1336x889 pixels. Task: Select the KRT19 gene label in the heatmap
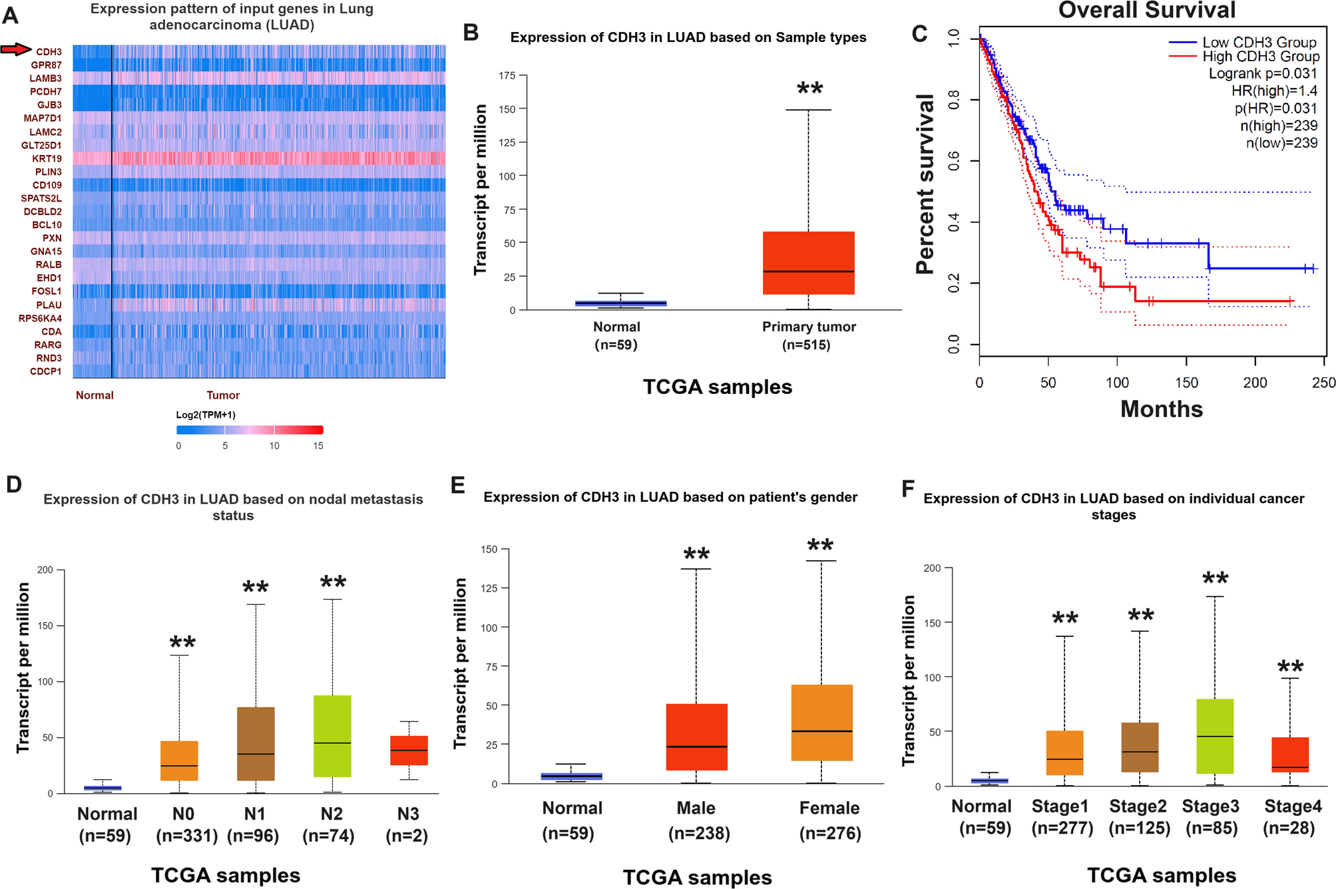click(x=47, y=158)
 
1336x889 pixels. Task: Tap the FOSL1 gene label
click(x=46, y=291)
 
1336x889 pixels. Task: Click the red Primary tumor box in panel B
click(x=808, y=263)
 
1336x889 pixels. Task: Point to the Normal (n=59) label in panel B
click(x=616, y=335)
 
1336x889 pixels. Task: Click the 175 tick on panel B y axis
click(x=507, y=76)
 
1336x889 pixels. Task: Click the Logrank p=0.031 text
click(x=1262, y=74)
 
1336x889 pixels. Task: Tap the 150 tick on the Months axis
click(x=1186, y=383)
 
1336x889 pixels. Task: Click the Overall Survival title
click(x=1146, y=11)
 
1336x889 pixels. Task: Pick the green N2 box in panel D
click(x=332, y=736)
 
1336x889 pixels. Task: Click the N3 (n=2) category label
click(x=407, y=824)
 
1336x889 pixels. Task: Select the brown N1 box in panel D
click(x=256, y=743)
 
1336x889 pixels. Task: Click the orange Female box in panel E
click(x=821, y=722)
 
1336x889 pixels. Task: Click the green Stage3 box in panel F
click(x=1214, y=736)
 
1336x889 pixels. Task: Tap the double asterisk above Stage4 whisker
click(x=1289, y=667)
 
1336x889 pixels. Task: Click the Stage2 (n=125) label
click(x=1138, y=817)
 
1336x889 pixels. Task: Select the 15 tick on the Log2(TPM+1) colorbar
click(x=318, y=446)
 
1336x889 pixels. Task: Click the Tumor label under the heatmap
click(x=222, y=395)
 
